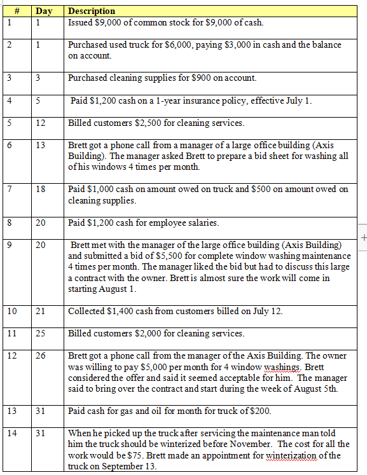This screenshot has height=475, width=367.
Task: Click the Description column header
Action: point(92,11)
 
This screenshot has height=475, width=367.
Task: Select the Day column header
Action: point(43,11)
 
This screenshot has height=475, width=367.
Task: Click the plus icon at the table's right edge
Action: point(363,237)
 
